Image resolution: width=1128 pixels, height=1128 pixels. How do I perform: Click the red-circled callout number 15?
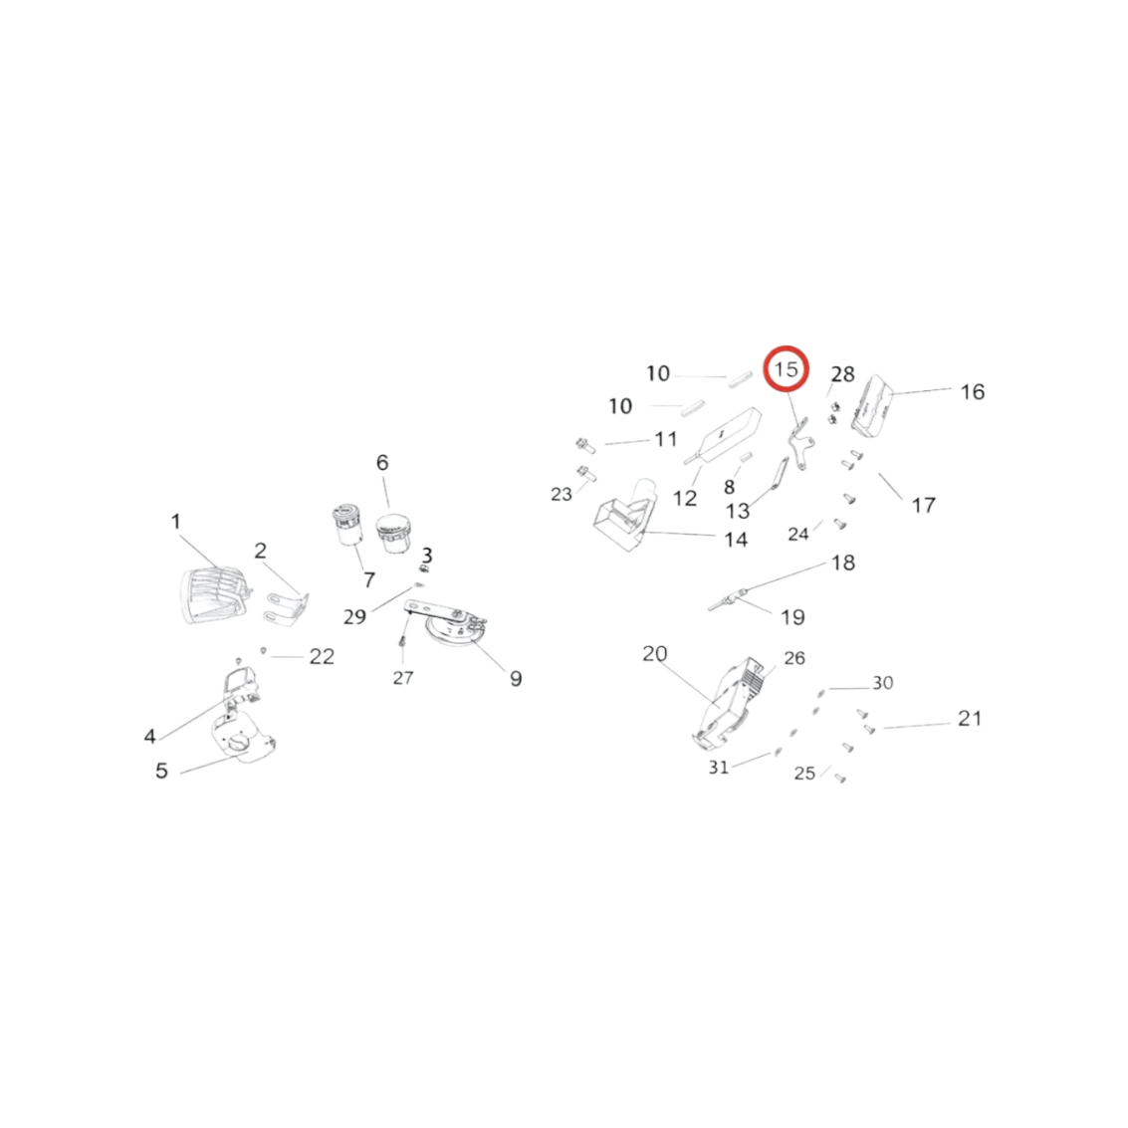tap(786, 369)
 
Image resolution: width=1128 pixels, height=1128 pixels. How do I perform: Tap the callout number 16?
tap(973, 392)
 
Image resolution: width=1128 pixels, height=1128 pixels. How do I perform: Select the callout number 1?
tap(175, 522)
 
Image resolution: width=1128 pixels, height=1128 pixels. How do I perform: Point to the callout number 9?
tap(516, 678)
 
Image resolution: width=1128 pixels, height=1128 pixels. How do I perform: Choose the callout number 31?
tap(719, 768)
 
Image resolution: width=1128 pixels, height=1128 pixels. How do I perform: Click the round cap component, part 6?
tap(393, 534)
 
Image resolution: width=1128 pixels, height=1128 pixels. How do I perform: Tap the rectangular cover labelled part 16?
tap(872, 405)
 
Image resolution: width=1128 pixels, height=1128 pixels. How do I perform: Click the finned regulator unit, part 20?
tap(727, 704)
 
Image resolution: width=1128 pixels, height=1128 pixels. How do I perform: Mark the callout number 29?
tap(354, 616)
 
